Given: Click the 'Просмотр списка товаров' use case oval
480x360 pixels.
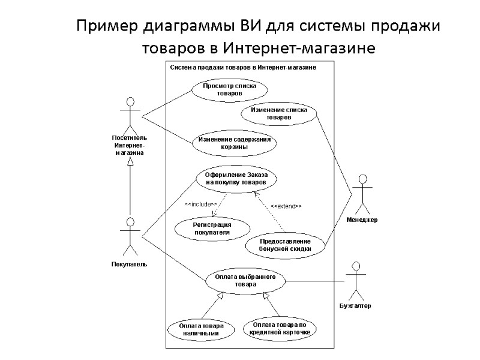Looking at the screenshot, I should [225, 90].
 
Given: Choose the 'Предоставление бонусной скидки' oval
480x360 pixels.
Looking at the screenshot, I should [285, 246].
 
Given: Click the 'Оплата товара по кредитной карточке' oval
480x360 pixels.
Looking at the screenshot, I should [279, 328].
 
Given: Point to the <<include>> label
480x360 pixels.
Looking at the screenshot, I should [200, 205].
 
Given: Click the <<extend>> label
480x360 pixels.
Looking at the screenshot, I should [286, 206].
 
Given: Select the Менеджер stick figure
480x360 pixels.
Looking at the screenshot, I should [362, 192].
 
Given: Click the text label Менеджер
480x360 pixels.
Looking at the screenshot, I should [362, 220].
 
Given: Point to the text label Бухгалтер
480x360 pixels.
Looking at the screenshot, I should [355, 306].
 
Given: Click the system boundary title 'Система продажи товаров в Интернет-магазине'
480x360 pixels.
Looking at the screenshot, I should [243, 67].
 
